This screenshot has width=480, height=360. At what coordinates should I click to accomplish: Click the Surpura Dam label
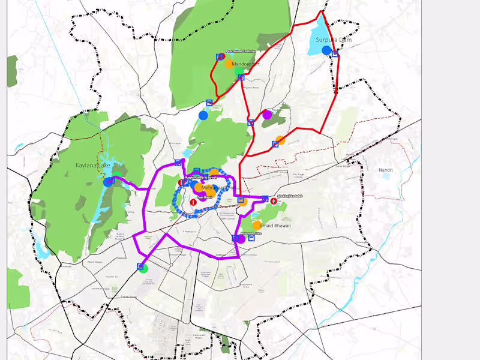[334, 40]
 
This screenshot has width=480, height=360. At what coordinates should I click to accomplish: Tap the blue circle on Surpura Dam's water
[326, 50]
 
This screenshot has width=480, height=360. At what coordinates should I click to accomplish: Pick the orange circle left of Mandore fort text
[229, 64]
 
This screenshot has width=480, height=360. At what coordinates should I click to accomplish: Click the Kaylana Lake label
[92, 165]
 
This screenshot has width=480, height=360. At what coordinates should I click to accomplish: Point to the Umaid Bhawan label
[275, 226]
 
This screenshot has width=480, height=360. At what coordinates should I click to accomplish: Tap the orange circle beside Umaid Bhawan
[257, 225]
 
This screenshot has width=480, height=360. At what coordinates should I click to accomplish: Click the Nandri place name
[385, 170]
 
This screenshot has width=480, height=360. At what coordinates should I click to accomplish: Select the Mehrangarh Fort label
[215, 187]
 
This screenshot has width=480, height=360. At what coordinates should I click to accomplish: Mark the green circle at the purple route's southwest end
[144, 268]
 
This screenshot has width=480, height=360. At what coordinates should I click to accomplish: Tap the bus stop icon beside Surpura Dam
[335, 54]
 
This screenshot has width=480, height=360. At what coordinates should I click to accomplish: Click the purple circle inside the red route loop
[267, 115]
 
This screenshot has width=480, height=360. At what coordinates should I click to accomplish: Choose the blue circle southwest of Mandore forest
[203, 115]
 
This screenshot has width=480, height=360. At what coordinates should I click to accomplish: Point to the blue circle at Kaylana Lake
[108, 181]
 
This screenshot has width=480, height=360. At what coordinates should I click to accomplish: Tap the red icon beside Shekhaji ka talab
[274, 201]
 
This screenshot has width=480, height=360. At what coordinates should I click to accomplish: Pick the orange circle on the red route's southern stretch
[280, 140]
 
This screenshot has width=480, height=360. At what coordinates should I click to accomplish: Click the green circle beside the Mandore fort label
[239, 72]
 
